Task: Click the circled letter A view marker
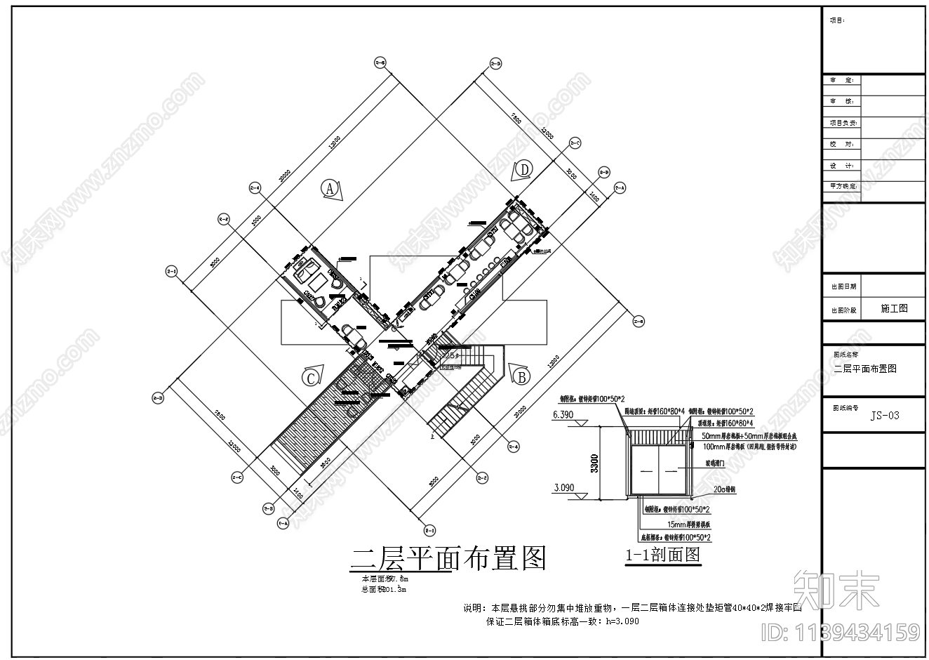[329, 188]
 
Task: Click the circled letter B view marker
[521, 377]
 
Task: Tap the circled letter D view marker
[524, 169]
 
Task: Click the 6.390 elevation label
[563, 415]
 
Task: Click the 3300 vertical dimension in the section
[595, 464]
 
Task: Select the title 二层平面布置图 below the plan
[448, 559]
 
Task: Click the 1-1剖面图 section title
[663, 555]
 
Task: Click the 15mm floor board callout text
[687, 524]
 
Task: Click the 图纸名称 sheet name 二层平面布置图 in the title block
[864, 369]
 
